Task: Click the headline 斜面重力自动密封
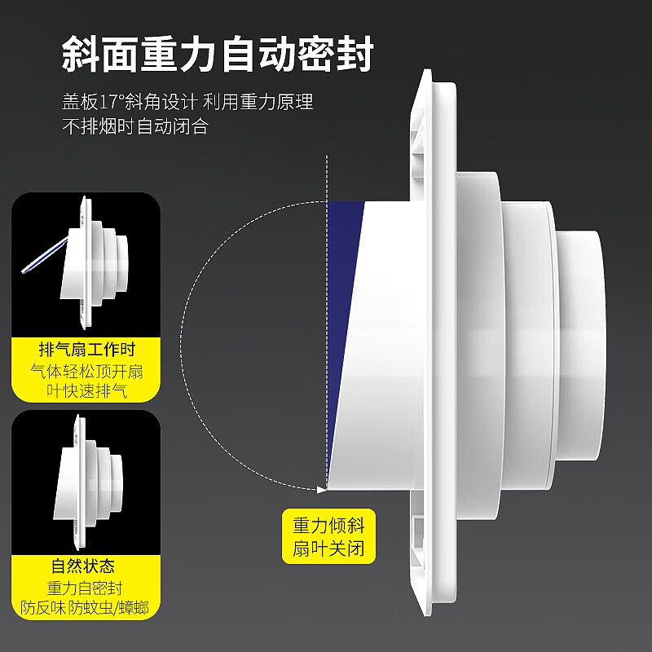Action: [x=218, y=54]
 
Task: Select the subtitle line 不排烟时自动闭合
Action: [x=134, y=126]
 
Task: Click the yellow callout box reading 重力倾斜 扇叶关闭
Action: [x=328, y=536]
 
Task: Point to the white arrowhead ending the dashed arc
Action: [x=321, y=490]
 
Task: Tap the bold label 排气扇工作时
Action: [x=87, y=350]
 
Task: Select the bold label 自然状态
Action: [x=83, y=566]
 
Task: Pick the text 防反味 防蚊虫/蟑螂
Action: [x=85, y=608]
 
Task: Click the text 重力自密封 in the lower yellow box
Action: [x=85, y=588]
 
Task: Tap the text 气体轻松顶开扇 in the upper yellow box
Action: [x=86, y=371]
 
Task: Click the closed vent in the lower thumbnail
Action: [x=87, y=482]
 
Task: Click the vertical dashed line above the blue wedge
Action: [x=327, y=178]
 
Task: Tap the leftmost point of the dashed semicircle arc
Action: [x=181, y=346]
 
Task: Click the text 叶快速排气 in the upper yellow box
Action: [x=86, y=391]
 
